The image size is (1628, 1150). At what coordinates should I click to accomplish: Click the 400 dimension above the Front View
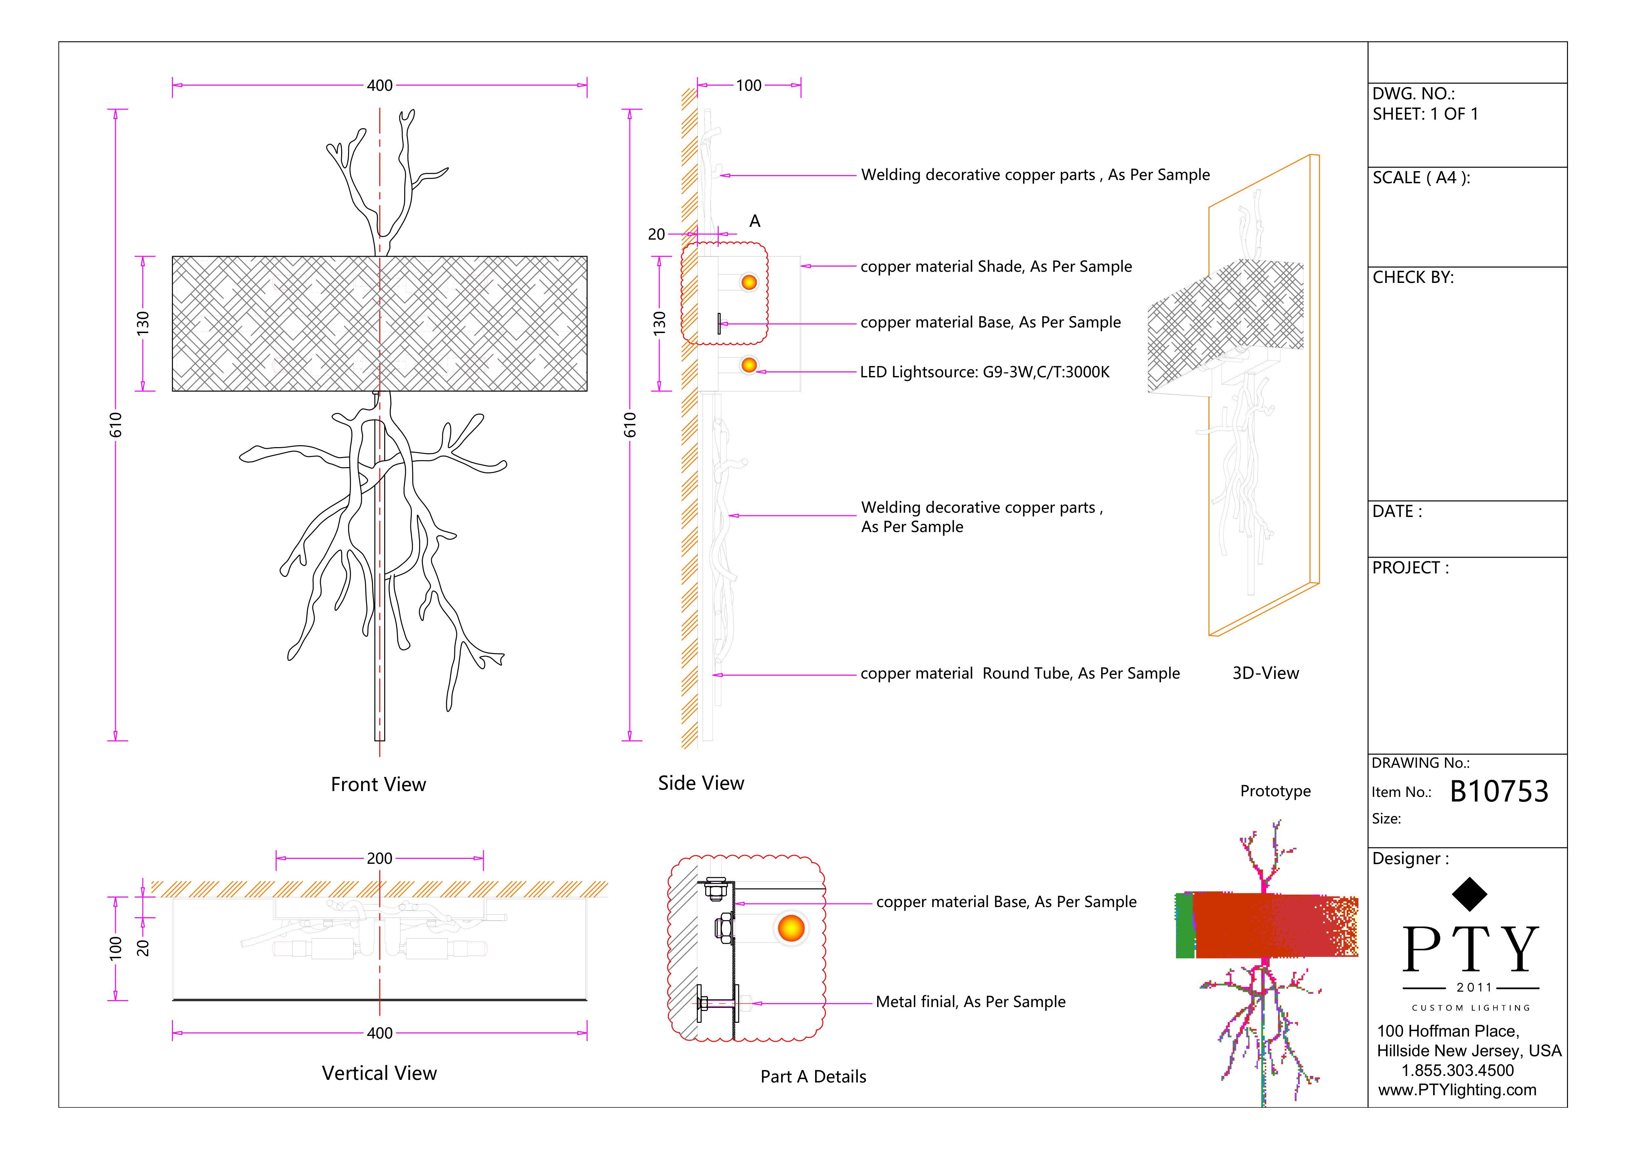(379, 86)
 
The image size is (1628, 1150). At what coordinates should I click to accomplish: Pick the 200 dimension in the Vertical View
(379, 859)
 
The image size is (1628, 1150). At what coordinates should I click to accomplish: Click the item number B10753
(1499, 791)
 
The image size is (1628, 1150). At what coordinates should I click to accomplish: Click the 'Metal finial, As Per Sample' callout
(970, 1002)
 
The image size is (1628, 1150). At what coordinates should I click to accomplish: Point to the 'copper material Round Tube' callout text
(1020, 674)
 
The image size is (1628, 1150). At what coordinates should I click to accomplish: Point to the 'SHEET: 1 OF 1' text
(1425, 114)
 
